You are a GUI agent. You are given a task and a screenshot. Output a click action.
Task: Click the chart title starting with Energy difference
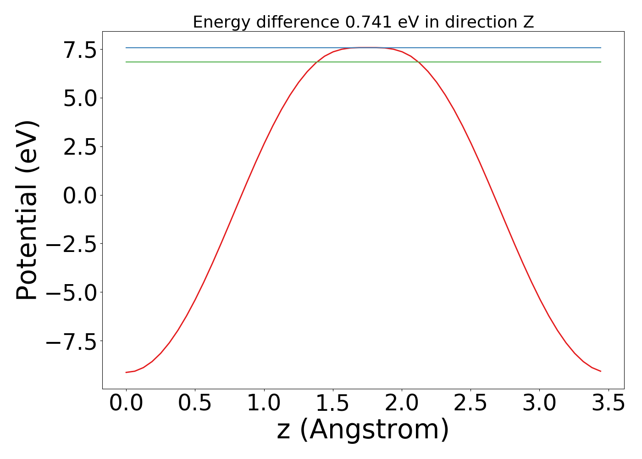click(x=363, y=22)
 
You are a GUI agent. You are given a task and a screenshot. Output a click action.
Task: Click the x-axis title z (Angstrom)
click(x=363, y=430)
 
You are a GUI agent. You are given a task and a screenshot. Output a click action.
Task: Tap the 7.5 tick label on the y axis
click(x=80, y=50)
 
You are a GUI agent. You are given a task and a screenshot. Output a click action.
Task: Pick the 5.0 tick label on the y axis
click(x=80, y=99)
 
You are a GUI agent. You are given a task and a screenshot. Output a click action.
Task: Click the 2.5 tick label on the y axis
click(x=80, y=147)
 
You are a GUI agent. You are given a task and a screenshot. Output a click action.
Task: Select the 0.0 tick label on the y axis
click(x=80, y=196)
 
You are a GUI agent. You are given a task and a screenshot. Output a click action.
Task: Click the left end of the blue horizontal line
click(x=127, y=48)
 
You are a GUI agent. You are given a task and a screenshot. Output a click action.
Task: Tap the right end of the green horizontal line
click(x=600, y=62)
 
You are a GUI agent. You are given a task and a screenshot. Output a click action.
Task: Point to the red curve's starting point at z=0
click(x=127, y=372)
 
